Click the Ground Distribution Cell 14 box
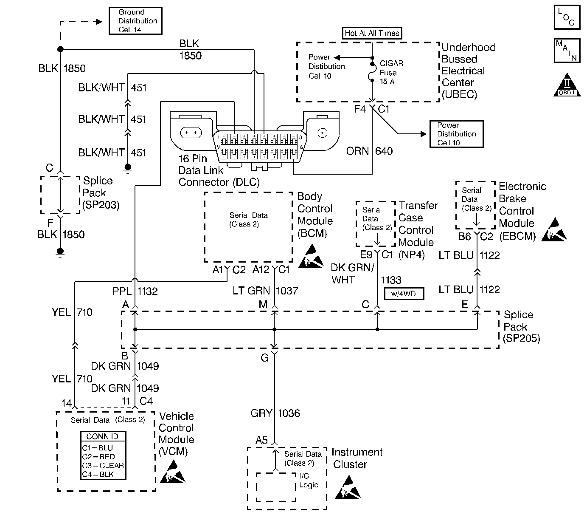pyautogui.click(x=135, y=21)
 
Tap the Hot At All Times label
pyautogui.click(x=372, y=33)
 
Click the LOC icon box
pyautogui.click(x=567, y=17)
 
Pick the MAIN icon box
pyautogui.click(x=567, y=51)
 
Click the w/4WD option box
pyautogui.click(x=404, y=294)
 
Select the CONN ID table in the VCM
pyautogui.click(x=103, y=455)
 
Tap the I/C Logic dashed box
pyautogui.click(x=276, y=487)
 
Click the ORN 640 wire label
pyautogui.click(x=369, y=151)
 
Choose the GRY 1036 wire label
pyautogui.click(x=275, y=413)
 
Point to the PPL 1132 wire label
pyautogui.click(x=135, y=291)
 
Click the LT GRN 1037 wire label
pyautogui.click(x=265, y=291)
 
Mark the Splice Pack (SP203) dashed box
pyautogui.click(x=60, y=195)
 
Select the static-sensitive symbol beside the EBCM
pyautogui.click(x=554, y=230)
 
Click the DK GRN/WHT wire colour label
pyautogui.click(x=353, y=274)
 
